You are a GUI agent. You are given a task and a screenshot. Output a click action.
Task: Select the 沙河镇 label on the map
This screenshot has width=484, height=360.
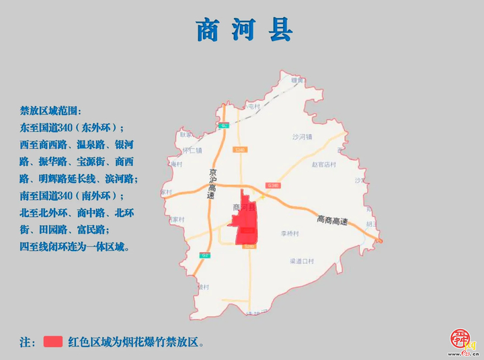pyautogui.click(x=302, y=137)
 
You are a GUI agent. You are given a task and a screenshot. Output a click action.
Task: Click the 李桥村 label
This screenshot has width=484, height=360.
pyautogui.click(x=289, y=234)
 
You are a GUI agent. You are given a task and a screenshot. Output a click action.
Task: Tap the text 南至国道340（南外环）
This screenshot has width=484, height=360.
pyautogui.click(x=72, y=196)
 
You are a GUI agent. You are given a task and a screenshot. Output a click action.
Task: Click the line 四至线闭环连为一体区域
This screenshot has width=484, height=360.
pyautogui.click(x=75, y=247)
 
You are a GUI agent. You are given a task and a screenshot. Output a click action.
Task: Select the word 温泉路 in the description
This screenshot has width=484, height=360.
pyautogui.click(x=91, y=144)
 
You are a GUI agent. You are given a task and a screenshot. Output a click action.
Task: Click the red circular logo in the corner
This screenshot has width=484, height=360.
pyautogui.click(x=460, y=339)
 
